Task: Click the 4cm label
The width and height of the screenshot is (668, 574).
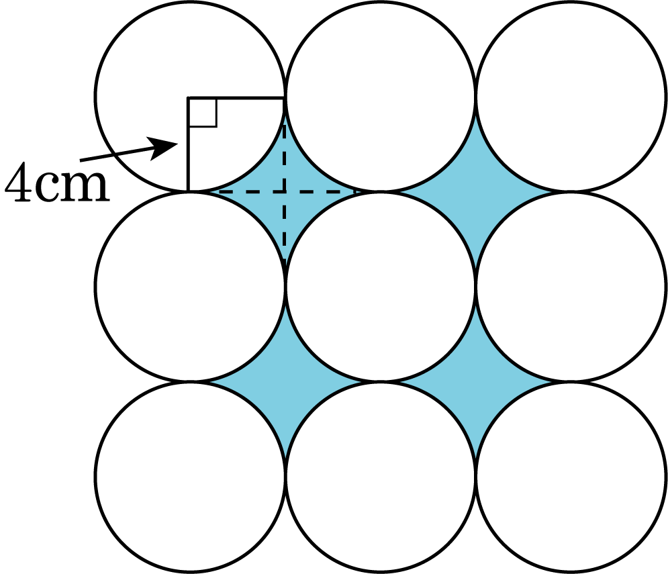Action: [x=57, y=182]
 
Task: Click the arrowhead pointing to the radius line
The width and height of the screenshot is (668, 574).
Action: [x=162, y=148]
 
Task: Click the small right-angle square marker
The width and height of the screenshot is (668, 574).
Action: [x=202, y=113]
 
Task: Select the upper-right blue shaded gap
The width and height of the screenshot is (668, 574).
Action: [x=475, y=191]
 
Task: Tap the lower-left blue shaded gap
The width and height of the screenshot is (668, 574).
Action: [x=285, y=381]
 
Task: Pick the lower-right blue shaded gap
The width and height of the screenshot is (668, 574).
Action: [x=475, y=381]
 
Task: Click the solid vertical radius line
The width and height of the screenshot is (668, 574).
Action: [x=187, y=144]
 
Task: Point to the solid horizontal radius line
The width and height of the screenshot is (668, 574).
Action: [x=236, y=99]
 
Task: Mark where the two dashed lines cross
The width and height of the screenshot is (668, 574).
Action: [x=285, y=192]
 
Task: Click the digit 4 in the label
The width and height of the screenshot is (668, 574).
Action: [x=18, y=182]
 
